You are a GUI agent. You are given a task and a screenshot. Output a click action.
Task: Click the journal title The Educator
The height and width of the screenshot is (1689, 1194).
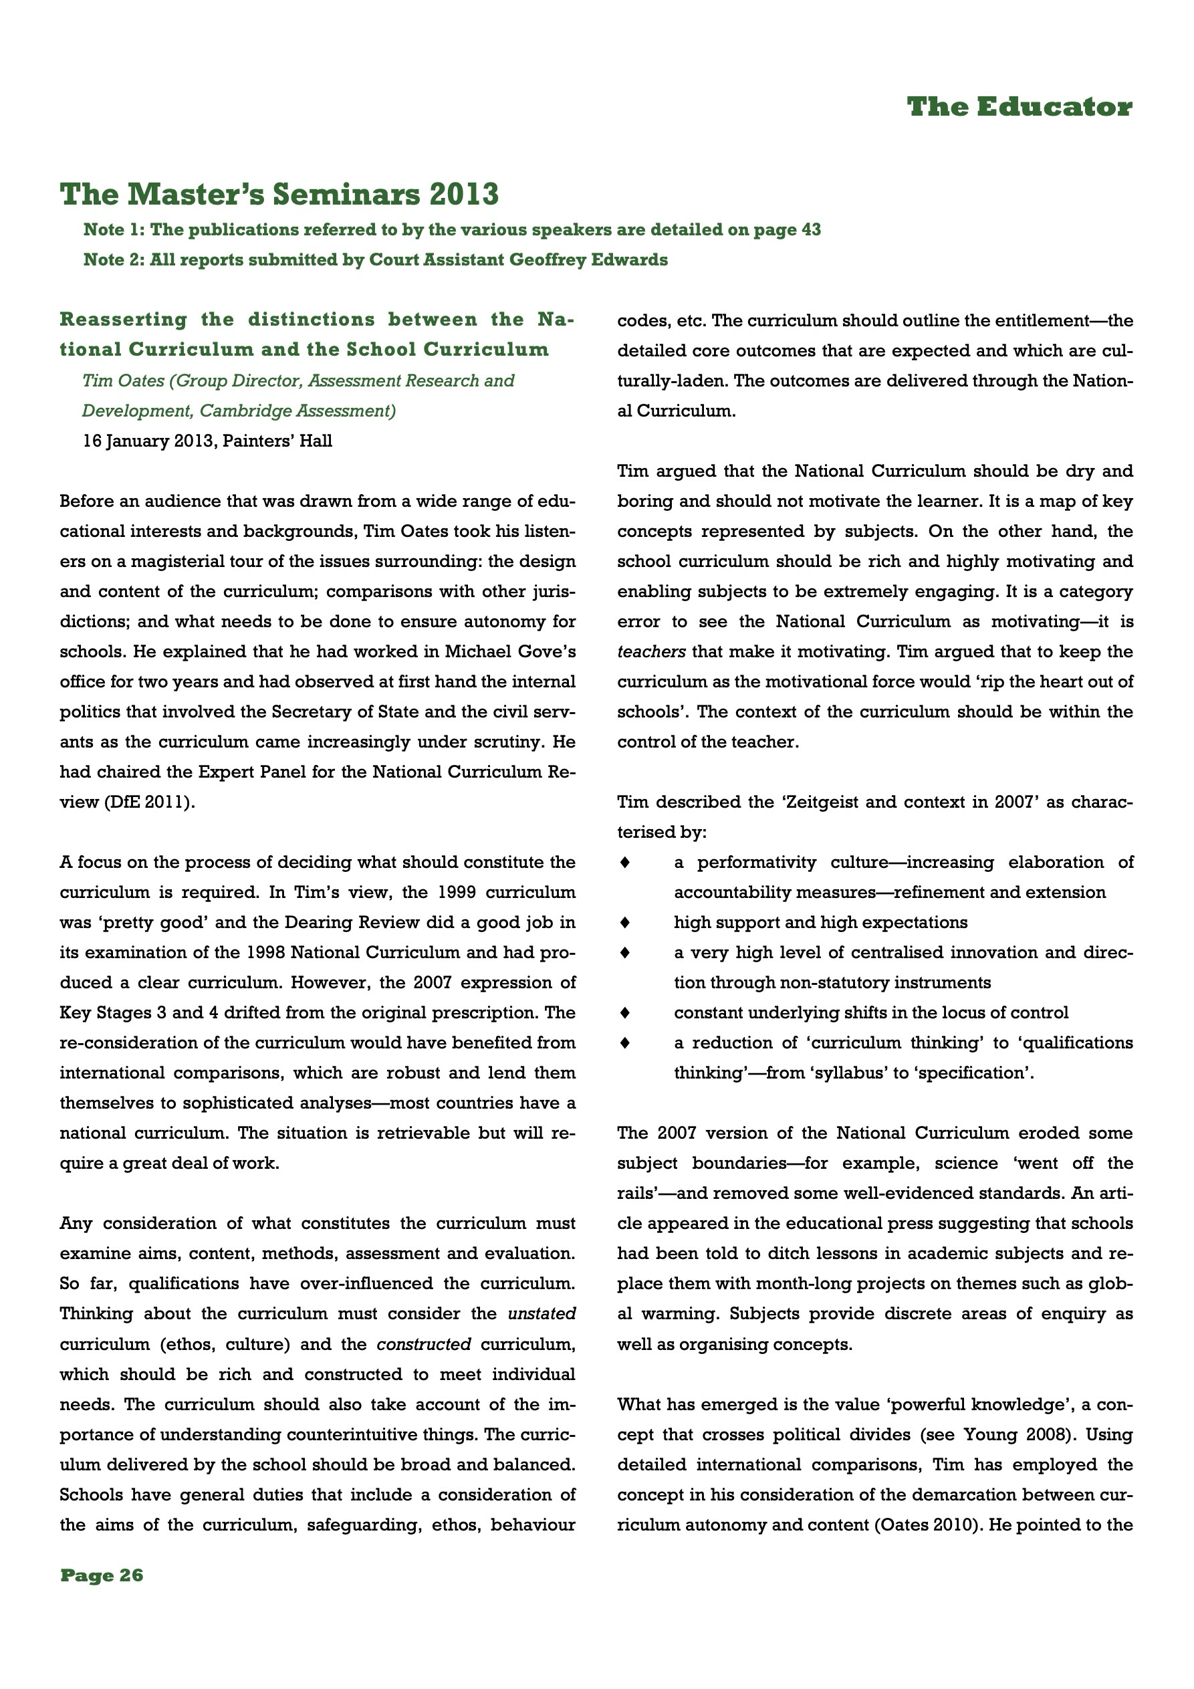(1019, 108)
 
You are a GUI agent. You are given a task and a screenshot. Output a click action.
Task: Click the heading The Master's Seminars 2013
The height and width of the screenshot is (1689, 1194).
(279, 194)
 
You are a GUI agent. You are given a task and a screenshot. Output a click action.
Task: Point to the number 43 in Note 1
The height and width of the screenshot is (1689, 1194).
(810, 230)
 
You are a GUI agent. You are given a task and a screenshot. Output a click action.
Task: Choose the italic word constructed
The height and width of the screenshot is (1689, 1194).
(424, 1344)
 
